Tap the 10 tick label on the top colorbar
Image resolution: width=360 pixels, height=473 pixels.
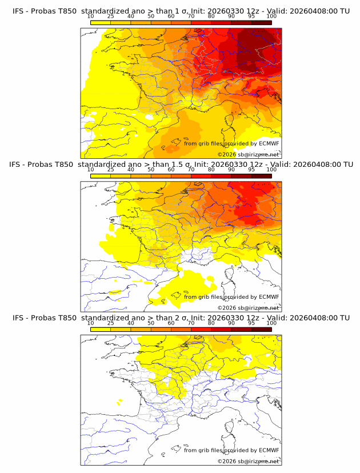[91, 17]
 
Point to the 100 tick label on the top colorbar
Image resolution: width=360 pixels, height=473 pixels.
[271, 17]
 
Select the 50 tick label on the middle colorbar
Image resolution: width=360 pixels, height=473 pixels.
[151, 170]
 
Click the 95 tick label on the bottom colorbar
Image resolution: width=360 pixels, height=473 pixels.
[251, 323]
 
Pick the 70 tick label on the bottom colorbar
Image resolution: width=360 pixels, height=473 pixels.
[191, 323]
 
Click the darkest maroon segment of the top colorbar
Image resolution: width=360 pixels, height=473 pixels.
[262, 22]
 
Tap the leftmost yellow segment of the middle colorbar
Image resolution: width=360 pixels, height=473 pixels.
[101, 175]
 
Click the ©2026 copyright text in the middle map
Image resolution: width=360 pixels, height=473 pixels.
[227, 308]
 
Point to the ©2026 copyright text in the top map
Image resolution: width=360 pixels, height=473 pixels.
[227, 155]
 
